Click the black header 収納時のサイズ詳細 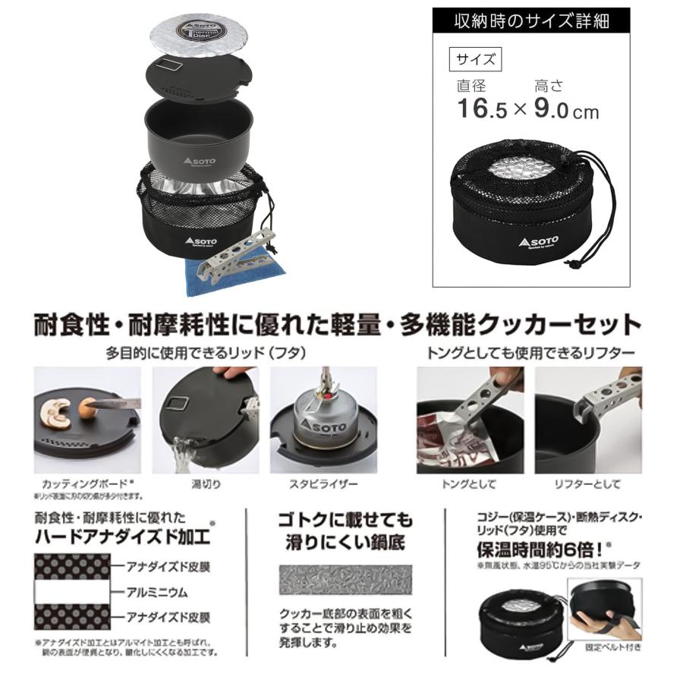(x=530, y=21)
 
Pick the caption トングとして (x=467, y=483)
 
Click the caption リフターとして (x=587, y=483)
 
